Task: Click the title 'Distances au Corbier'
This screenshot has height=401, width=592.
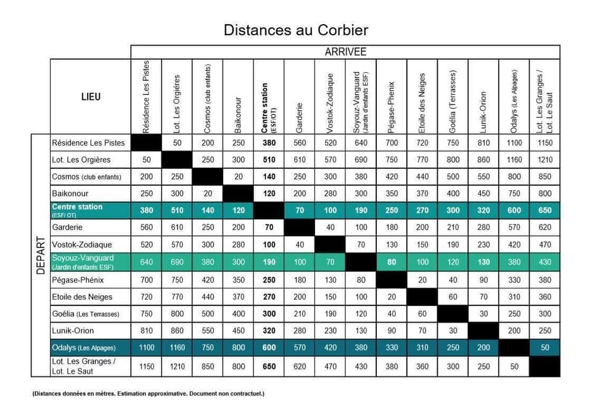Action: pyautogui.click(x=295, y=30)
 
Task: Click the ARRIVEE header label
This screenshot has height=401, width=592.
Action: pyautogui.click(x=345, y=52)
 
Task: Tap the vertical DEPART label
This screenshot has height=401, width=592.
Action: pyautogui.click(x=41, y=255)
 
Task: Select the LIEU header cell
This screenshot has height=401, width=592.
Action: pyautogui.click(x=90, y=96)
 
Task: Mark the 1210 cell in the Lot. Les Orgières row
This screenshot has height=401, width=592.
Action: pyautogui.click(x=545, y=160)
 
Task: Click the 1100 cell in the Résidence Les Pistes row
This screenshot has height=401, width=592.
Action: pyautogui.click(x=514, y=143)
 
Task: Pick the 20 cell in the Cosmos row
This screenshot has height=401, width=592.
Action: pyautogui.click(x=237, y=176)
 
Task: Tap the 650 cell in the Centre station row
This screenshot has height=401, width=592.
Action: pyautogui.click(x=545, y=210)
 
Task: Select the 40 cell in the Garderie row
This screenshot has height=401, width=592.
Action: pyautogui.click(x=330, y=227)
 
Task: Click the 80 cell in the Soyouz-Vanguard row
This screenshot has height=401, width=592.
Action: pyautogui.click(x=391, y=262)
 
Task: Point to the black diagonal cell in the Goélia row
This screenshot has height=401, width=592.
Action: pyautogui.click(x=453, y=313)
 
